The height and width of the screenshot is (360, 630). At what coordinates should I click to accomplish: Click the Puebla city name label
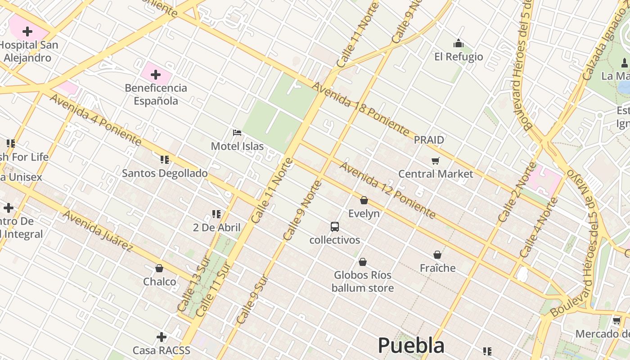click(411, 345)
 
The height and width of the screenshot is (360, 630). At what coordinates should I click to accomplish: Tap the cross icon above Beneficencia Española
click(156, 74)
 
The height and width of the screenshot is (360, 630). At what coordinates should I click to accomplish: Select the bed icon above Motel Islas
click(237, 133)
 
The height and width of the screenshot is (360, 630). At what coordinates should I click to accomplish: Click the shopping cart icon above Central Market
click(435, 161)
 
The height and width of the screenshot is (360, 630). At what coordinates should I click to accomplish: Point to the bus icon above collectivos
click(334, 226)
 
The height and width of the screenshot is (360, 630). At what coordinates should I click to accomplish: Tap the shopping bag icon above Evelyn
click(364, 200)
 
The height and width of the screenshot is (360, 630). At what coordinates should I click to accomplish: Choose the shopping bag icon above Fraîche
click(437, 255)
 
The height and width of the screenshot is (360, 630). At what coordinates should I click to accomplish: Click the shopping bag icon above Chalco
click(159, 268)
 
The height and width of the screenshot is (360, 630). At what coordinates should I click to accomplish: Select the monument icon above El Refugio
click(459, 43)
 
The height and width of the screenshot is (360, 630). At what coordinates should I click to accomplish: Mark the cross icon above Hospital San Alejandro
click(27, 31)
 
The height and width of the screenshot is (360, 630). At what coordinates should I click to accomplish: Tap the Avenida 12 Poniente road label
click(387, 190)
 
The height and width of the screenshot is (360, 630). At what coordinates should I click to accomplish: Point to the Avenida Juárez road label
click(98, 230)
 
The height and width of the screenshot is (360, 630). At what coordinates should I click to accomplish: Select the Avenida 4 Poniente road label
click(95, 119)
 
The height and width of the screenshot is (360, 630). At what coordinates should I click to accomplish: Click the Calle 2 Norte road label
click(517, 192)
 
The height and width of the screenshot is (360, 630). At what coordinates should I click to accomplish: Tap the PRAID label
click(429, 140)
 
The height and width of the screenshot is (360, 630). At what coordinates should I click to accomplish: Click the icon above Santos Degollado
click(165, 159)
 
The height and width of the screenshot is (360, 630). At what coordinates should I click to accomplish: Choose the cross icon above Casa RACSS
click(162, 337)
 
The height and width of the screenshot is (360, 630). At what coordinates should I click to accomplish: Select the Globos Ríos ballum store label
click(363, 281)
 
